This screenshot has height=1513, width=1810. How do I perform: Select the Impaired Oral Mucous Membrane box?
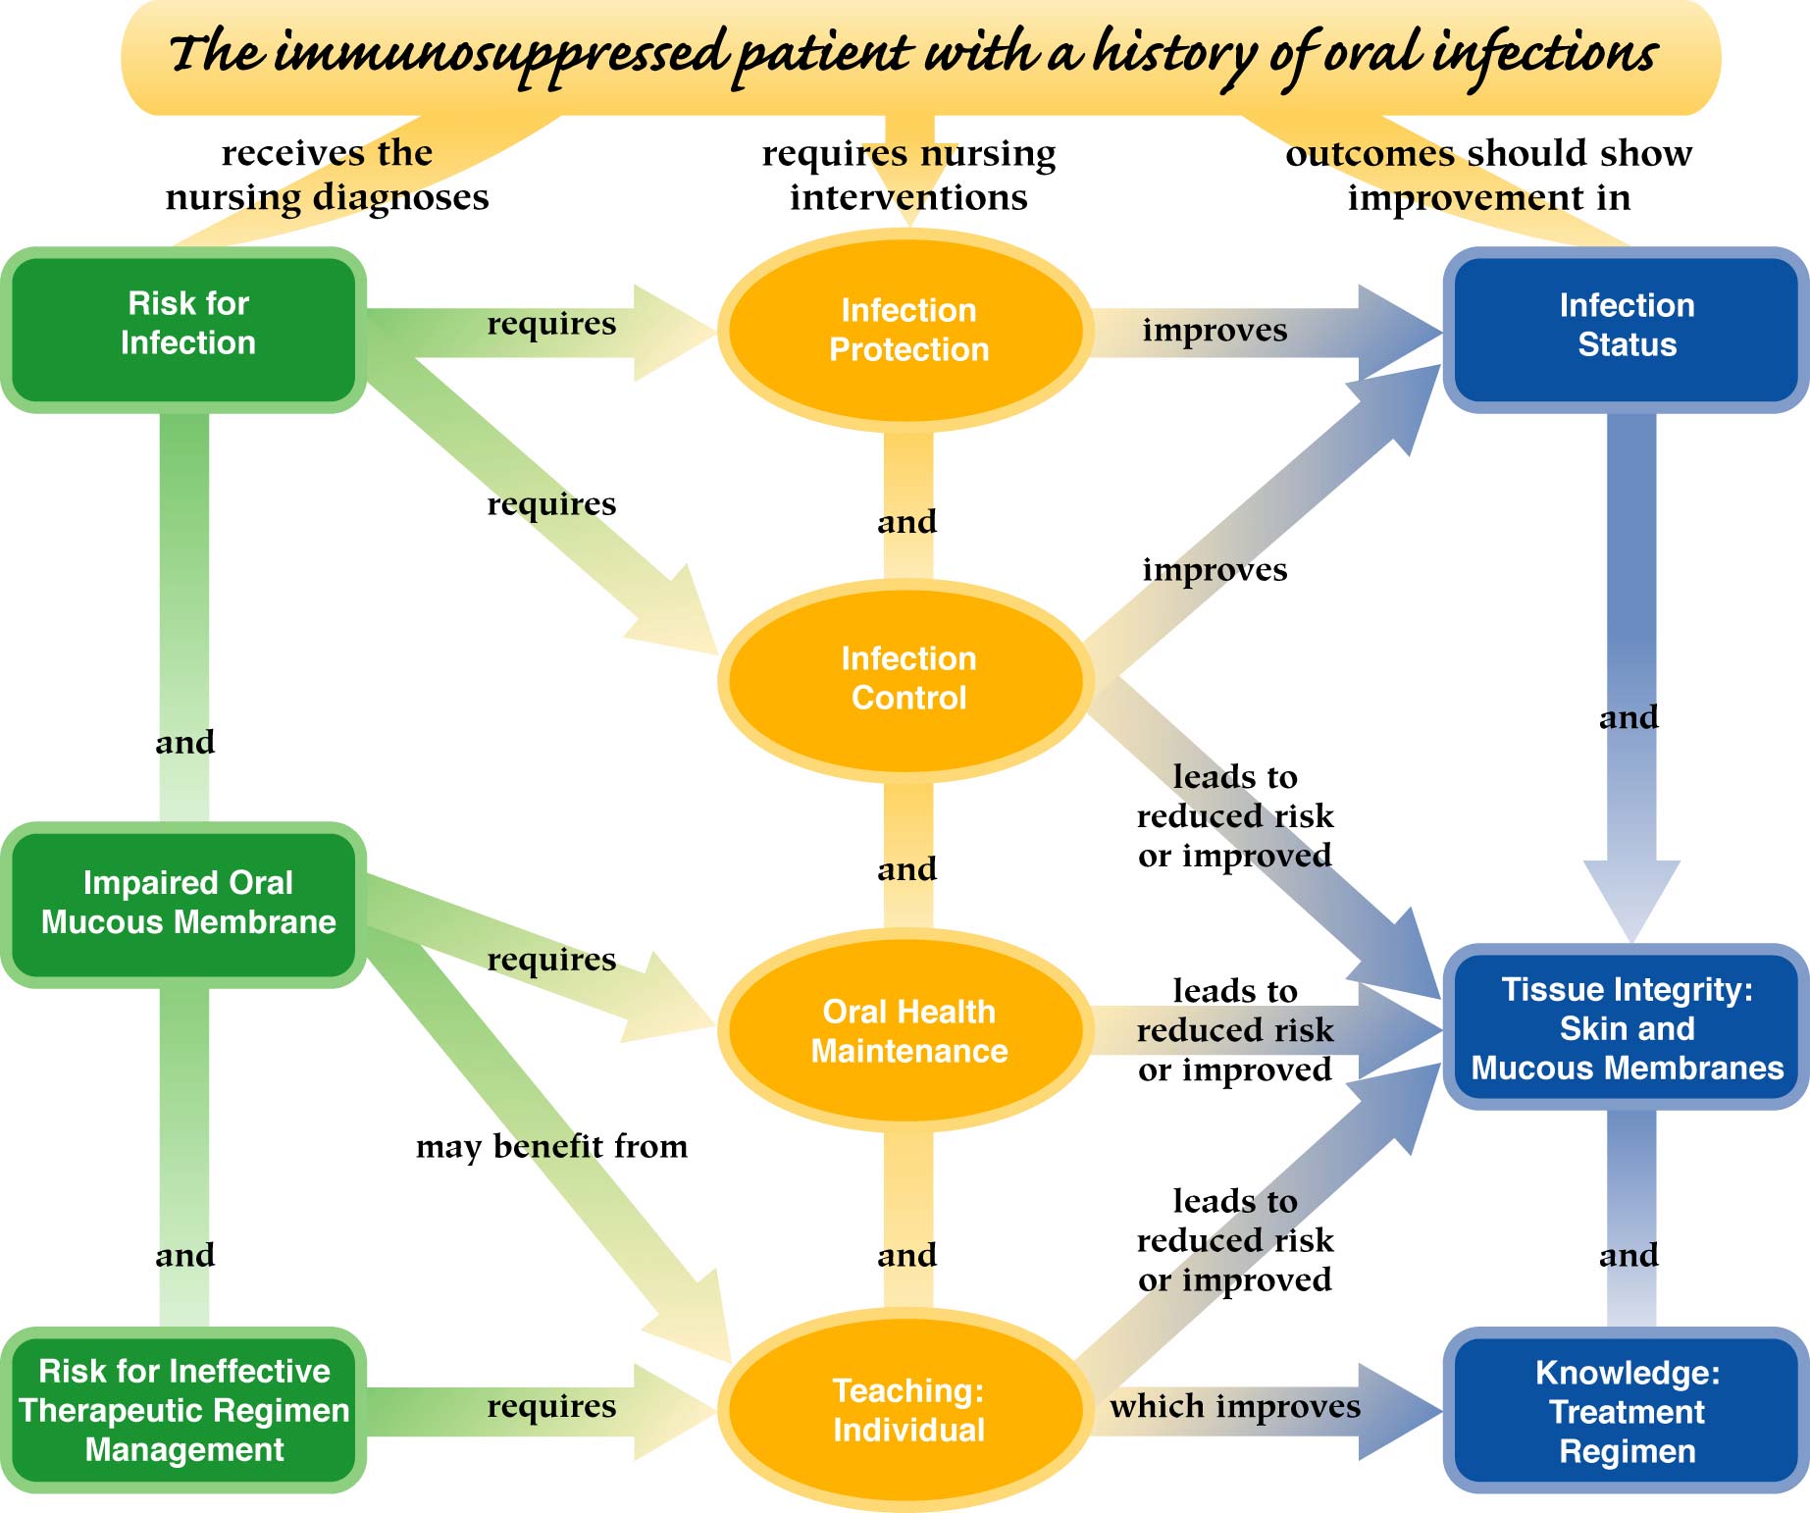tap(186, 904)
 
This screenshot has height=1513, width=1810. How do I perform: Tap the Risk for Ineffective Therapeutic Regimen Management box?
tap(184, 1410)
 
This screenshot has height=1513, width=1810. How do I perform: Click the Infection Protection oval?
tap(908, 330)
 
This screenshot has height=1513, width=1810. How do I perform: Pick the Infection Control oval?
tap(908, 678)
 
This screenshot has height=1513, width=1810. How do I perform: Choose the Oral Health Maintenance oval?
tap(908, 1031)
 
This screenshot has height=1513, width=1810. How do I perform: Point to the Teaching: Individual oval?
tap(908, 1410)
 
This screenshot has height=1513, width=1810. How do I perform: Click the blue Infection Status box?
tap(1627, 326)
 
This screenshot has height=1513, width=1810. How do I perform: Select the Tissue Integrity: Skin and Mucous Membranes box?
tap(1627, 1028)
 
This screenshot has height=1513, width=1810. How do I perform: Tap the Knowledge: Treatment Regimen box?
tap(1627, 1412)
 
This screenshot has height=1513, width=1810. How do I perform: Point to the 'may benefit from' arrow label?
tap(551, 1147)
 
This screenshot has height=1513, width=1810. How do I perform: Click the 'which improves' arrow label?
tap(1234, 1406)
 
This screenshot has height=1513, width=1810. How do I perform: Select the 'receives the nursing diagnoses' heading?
tap(327, 175)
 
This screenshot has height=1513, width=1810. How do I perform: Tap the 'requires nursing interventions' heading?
tap(908, 175)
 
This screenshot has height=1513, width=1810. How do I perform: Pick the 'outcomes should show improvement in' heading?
tap(1488, 175)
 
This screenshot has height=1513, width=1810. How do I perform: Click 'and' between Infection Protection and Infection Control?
tap(907, 522)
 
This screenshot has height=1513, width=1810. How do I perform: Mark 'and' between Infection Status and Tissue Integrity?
tap(1629, 717)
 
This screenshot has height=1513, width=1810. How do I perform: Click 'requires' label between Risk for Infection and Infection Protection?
tap(551, 324)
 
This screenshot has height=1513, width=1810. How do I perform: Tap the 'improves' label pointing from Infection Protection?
tap(1215, 331)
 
